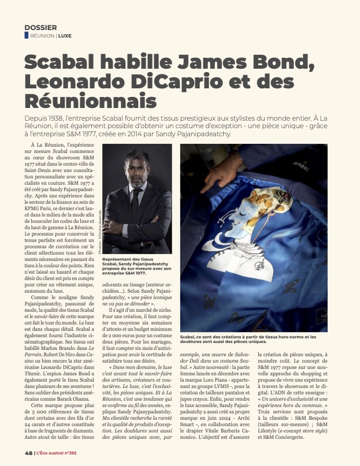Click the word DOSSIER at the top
point(40,27)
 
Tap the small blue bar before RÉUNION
point(26,35)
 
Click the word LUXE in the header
point(65,36)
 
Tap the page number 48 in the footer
point(28,452)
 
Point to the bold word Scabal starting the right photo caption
point(191,335)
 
